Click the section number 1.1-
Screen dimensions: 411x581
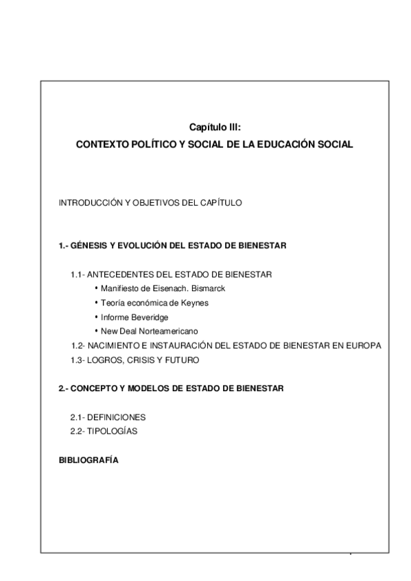click(x=77, y=275)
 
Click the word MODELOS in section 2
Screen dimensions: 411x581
click(x=136, y=388)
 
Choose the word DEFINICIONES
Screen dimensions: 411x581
click(x=117, y=417)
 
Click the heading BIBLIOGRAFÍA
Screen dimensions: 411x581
click(x=89, y=460)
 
